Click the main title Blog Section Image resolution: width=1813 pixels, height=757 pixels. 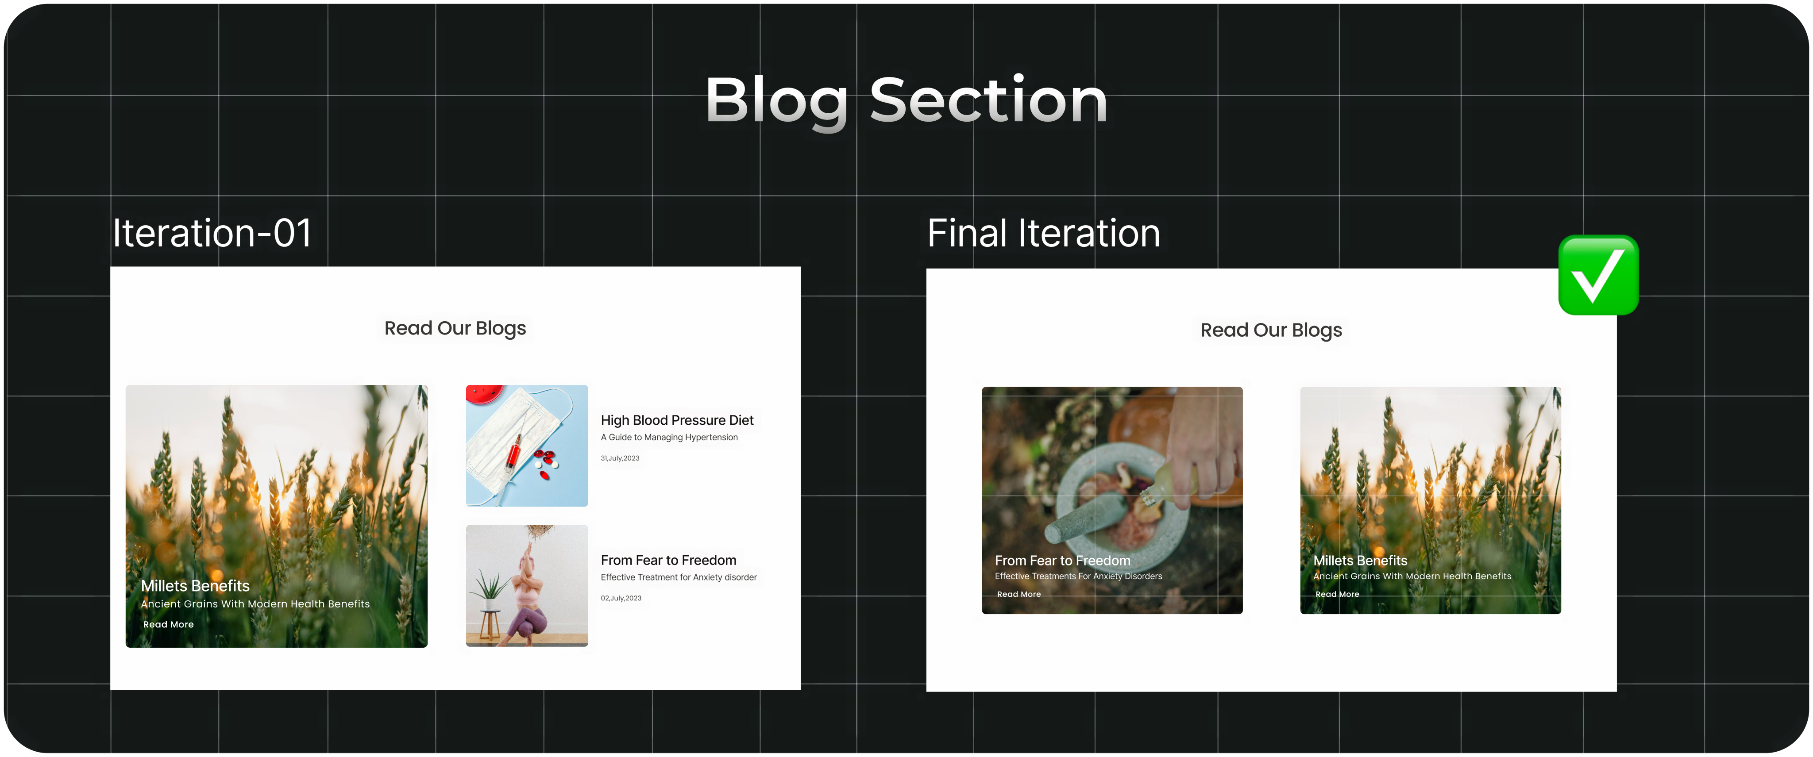tap(906, 100)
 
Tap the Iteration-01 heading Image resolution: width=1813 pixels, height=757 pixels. tap(212, 233)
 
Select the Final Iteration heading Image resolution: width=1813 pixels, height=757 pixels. tap(1044, 233)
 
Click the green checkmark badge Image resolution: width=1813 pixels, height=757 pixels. tap(1598, 275)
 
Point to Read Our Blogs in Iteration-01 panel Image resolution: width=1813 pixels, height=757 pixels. tap(455, 329)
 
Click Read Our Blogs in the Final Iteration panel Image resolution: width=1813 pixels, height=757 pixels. tap(1271, 330)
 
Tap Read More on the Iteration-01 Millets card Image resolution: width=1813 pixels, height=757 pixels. tap(168, 624)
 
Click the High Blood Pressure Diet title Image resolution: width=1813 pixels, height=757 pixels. tap(677, 420)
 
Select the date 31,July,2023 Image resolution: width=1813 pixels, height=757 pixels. tap(620, 458)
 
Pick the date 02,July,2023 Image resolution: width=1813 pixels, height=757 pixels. tap(621, 598)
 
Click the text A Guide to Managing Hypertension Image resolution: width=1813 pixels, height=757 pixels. tap(669, 437)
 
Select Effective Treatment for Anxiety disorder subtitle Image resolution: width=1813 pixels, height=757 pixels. tap(679, 577)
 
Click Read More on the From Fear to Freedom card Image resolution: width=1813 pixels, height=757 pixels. tap(1018, 594)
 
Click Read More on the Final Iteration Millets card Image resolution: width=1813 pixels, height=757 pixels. tap(1337, 594)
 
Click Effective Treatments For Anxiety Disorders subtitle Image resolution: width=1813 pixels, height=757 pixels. tap(1078, 576)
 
